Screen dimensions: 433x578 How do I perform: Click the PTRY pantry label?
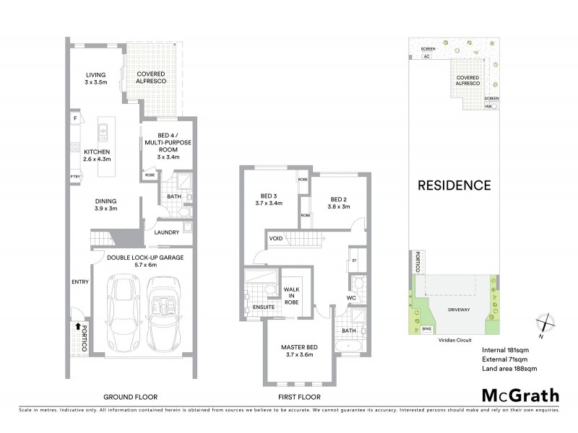pos(74,176)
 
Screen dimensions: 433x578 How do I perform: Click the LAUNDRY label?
pos(166,232)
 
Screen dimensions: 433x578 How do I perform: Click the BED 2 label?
pos(340,202)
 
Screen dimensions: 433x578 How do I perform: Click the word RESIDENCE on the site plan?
pos(455,185)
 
